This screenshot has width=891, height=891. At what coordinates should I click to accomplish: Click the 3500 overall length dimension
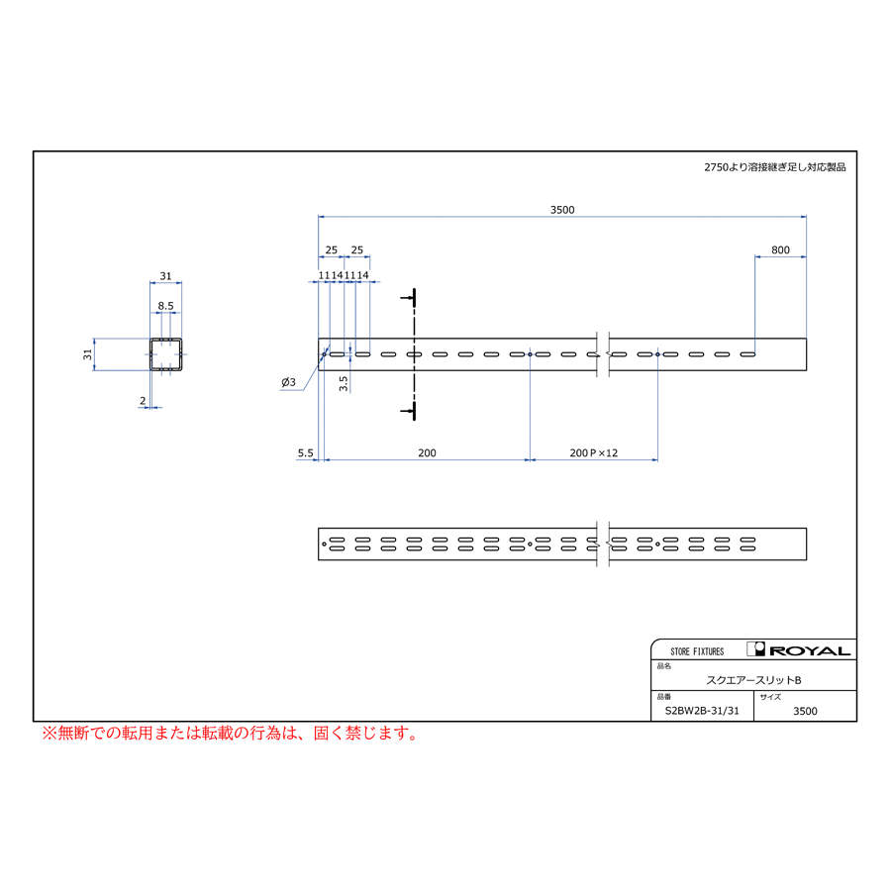click(x=561, y=210)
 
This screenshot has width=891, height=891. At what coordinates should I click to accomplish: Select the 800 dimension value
click(x=780, y=251)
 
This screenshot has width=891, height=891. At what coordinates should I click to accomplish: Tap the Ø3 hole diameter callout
click(x=289, y=382)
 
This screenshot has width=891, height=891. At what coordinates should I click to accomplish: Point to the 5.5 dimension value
click(x=305, y=453)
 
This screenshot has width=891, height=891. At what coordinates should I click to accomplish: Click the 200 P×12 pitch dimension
click(x=593, y=453)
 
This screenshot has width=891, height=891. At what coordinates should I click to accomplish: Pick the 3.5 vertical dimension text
click(x=343, y=383)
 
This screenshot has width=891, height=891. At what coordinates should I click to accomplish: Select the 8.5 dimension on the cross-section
click(x=166, y=307)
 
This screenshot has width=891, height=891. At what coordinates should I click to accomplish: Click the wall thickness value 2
click(x=144, y=401)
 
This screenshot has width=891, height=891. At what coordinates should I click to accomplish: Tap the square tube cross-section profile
click(x=166, y=354)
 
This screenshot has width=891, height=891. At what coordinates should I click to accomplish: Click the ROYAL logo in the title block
click(x=798, y=650)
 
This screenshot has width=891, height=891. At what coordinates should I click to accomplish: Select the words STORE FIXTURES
click(x=697, y=651)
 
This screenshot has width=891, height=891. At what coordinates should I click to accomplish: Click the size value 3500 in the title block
click(x=805, y=711)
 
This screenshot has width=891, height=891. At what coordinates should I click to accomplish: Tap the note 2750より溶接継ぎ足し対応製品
click(x=774, y=167)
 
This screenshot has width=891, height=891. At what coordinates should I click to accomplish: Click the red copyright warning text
click(x=229, y=734)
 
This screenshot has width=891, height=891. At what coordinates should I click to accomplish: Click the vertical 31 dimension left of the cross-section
click(x=86, y=353)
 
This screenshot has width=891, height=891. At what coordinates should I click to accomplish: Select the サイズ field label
click(x=770, y=696)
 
